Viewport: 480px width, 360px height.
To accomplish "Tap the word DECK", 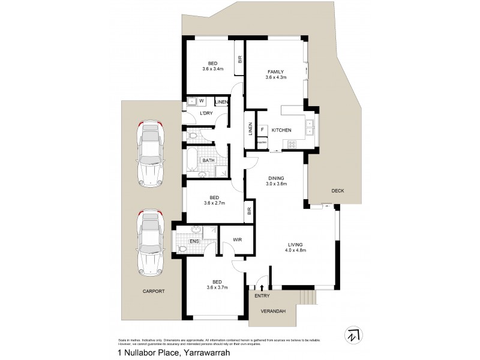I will [338, 191].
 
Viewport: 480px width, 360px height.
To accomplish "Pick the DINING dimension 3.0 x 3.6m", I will [276, 184].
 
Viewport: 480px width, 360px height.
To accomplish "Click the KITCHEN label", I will [281, 130].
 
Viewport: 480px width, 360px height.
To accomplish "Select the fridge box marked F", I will [263, 130].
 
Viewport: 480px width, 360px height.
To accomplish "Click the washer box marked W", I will [201, 101].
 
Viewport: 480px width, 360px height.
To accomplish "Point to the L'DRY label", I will [206, 113].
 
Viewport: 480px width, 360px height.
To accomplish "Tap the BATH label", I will [208, 161].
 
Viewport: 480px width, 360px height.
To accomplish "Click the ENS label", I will [194, 242].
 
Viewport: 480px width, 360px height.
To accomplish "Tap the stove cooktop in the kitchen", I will [293, 144].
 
